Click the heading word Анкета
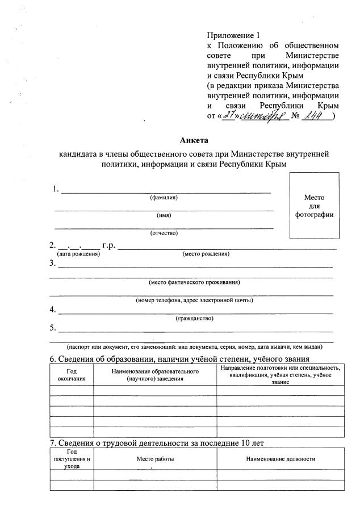click(x=194, y=140)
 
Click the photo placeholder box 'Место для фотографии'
click(x=314, y=206)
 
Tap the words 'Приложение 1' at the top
click(x=232, y=35)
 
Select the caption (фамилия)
click(x=164, y=198)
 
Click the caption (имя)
click(x=164, y=215)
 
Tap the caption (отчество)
click(x=164, y=233)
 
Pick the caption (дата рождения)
click(x=78, y=254)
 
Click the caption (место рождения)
click(x=206, y=254)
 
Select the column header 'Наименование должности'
click(x=281, y=458)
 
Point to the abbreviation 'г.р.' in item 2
click(x=108, y=246)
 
